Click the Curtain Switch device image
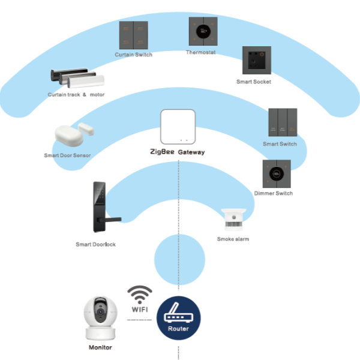(x=133, y=35)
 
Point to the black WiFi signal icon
(x=140, y=295)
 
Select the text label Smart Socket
(x=254, y=82)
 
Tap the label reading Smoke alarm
(x=233, y=239)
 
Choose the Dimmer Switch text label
(x=274, y=193)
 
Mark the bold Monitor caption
(x=100, y=347)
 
